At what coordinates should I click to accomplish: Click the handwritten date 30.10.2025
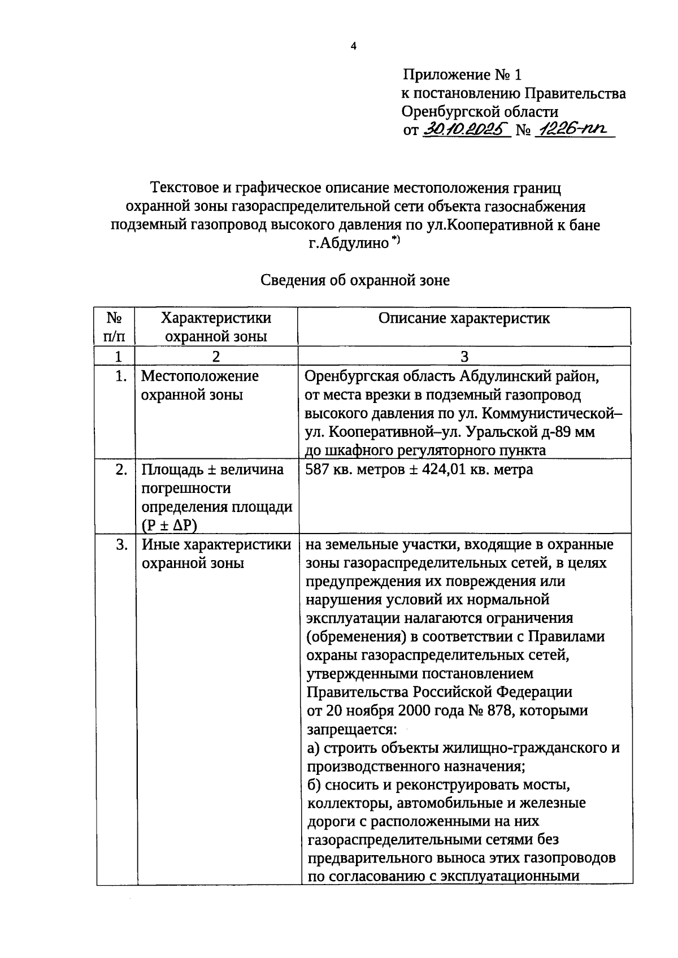click(466, 129)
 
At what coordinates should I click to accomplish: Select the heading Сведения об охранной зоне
click(355, 280)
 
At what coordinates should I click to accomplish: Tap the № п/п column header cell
click(115, 327)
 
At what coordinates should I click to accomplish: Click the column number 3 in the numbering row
click(464, 357)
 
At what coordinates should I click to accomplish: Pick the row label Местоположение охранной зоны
click(199, 385)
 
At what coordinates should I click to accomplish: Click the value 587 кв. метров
click(355, 469)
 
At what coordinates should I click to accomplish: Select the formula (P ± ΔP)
click(169, 525)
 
